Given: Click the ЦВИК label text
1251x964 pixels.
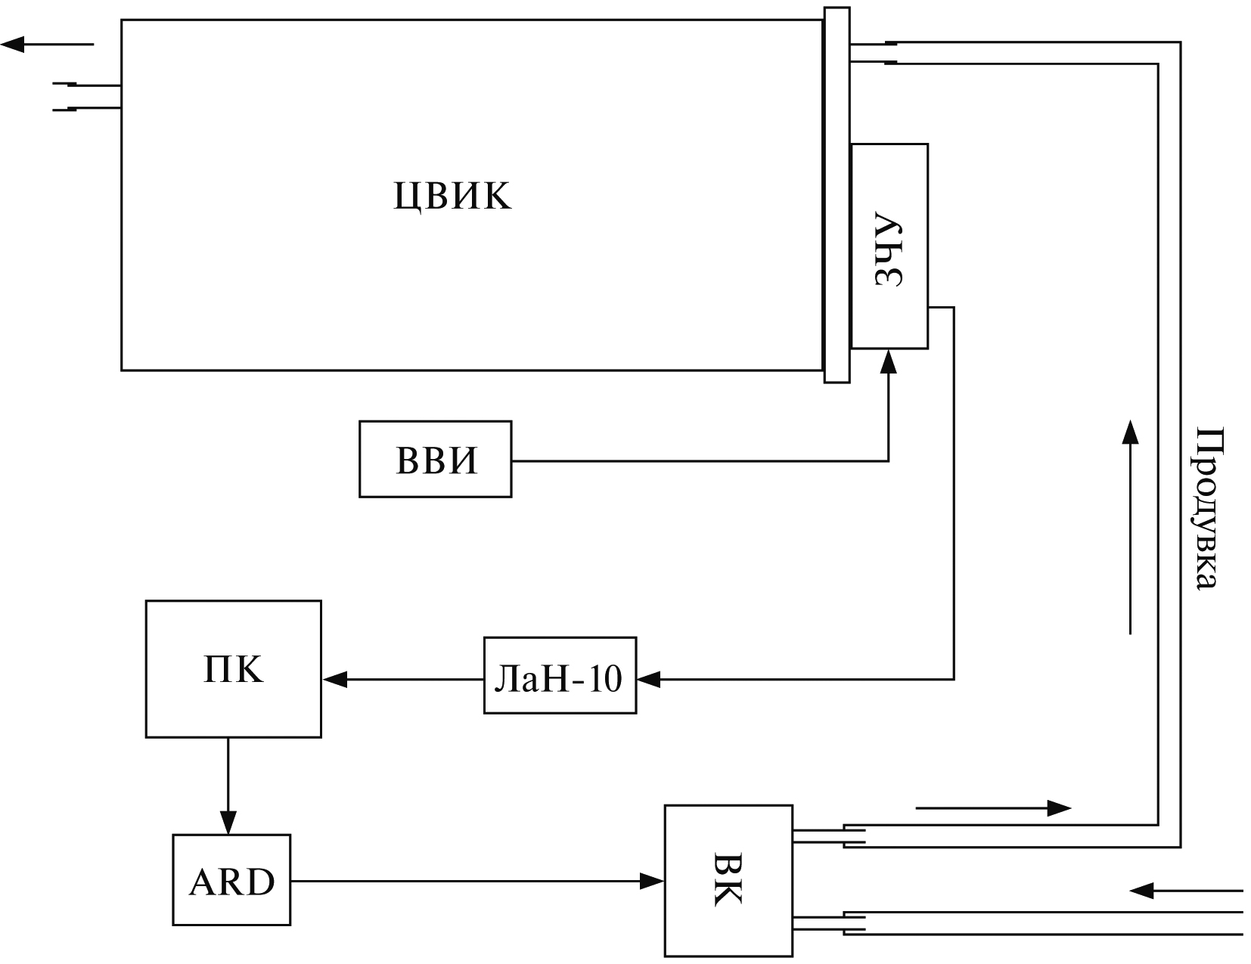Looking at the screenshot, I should point(452,196).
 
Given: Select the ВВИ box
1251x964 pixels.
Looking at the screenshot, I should point(435,459).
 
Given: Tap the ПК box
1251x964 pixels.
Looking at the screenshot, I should point(233,668).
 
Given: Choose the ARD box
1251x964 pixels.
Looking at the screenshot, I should point(231,880).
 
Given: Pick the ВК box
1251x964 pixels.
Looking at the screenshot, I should point(728,880).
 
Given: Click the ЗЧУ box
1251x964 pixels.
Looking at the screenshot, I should point(889,246).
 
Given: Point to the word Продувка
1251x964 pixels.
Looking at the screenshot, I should point(1208,507).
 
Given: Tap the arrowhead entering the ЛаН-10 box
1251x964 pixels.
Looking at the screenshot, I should point(648,680).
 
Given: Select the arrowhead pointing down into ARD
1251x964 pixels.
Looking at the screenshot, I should point(228,823).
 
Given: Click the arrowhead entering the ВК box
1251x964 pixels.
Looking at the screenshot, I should point(652,880).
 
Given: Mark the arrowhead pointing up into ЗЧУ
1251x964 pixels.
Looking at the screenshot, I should point(889,361).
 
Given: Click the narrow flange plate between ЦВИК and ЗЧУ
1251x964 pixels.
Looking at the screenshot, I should point(836,195).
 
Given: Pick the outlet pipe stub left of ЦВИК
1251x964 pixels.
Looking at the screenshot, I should point(87,97).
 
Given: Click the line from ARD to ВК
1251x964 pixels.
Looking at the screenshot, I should point(469,880).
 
